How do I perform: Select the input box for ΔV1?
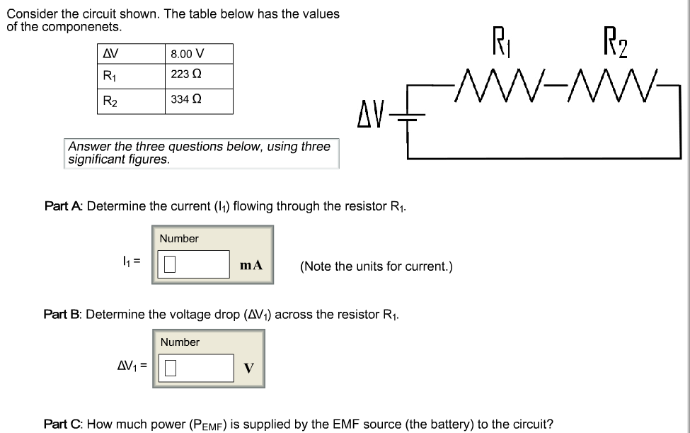tap(195, 368)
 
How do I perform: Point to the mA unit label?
tap(251, 265)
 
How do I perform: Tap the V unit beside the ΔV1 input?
tap(248, 368)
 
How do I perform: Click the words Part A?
tap(63, 206)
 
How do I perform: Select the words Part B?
tap(62, 314)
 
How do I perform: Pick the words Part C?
tap(63, 424)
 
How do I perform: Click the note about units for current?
tap(376, 266)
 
